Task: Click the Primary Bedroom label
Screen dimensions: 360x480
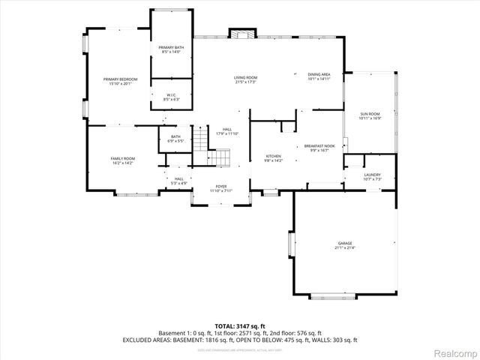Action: pos(119,81)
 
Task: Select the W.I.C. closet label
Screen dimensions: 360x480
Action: pos(170,97)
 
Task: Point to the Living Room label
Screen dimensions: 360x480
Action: pos(245,79)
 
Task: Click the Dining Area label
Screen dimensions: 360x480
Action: pos(319,76)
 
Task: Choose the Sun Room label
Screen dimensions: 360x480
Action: pos(370,116)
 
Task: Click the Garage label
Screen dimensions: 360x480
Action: pos(344,246)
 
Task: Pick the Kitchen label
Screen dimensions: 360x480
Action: pos(273,158)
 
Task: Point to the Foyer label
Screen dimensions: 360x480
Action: pos(221,188)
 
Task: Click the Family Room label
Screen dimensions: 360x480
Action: pos(122,160)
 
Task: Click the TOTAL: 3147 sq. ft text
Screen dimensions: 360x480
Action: pos(240,326)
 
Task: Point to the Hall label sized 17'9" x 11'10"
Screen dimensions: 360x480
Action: pos(226,132)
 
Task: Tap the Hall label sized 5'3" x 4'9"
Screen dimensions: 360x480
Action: pos(178,181)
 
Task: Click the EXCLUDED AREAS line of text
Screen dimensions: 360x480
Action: pos(240,340)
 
